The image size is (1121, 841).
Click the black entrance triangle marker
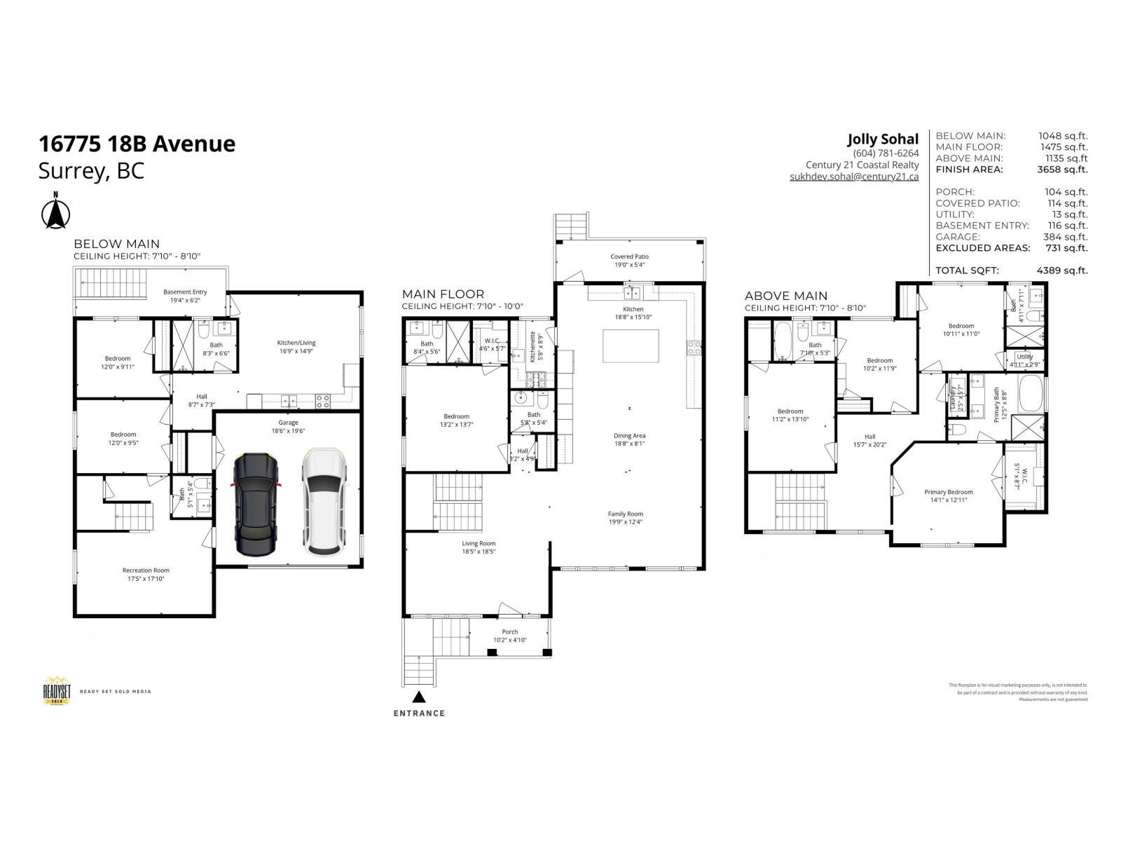pos(419,697)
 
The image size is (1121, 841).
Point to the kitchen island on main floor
pos(631,346)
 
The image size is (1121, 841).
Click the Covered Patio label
pos(629,261)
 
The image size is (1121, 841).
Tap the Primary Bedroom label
pos(948,495)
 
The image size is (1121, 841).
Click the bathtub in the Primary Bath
pos(1031,394)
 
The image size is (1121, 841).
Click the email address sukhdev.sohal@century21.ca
pos(853,177)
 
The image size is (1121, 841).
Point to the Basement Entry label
pos(185,296)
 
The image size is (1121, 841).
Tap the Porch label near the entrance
pos(509,636)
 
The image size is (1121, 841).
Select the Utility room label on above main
pos(1024,360)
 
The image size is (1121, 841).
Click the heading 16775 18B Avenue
pos(137,144)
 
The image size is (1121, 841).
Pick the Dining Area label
pos(629,439)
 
